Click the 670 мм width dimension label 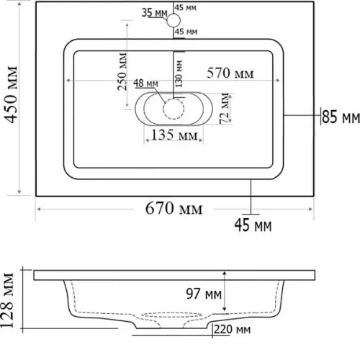point(174,208)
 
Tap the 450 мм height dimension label point(11,95)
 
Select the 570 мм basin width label point(230,73)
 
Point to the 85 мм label point(341,117)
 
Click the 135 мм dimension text point(174,135)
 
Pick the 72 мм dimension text point(225,108)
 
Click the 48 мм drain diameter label point(145,84)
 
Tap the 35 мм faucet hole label point(154,12)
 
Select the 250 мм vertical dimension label point(122,71)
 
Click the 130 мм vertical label point(179,74)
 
